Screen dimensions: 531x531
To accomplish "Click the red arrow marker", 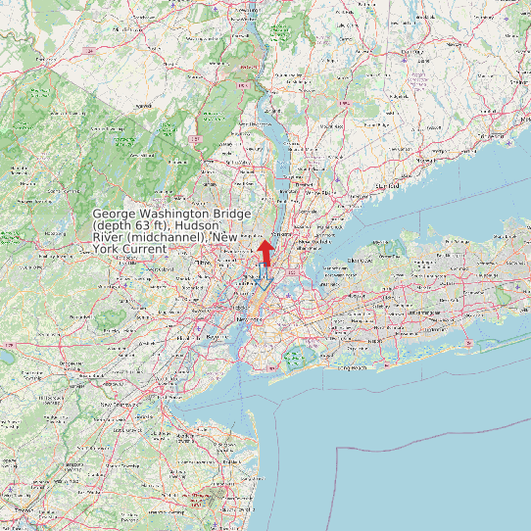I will (265, 250).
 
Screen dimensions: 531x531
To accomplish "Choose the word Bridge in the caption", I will (234, 214).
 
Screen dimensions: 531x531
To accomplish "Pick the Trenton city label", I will (26, 510).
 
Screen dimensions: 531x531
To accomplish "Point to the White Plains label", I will (319, 193).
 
